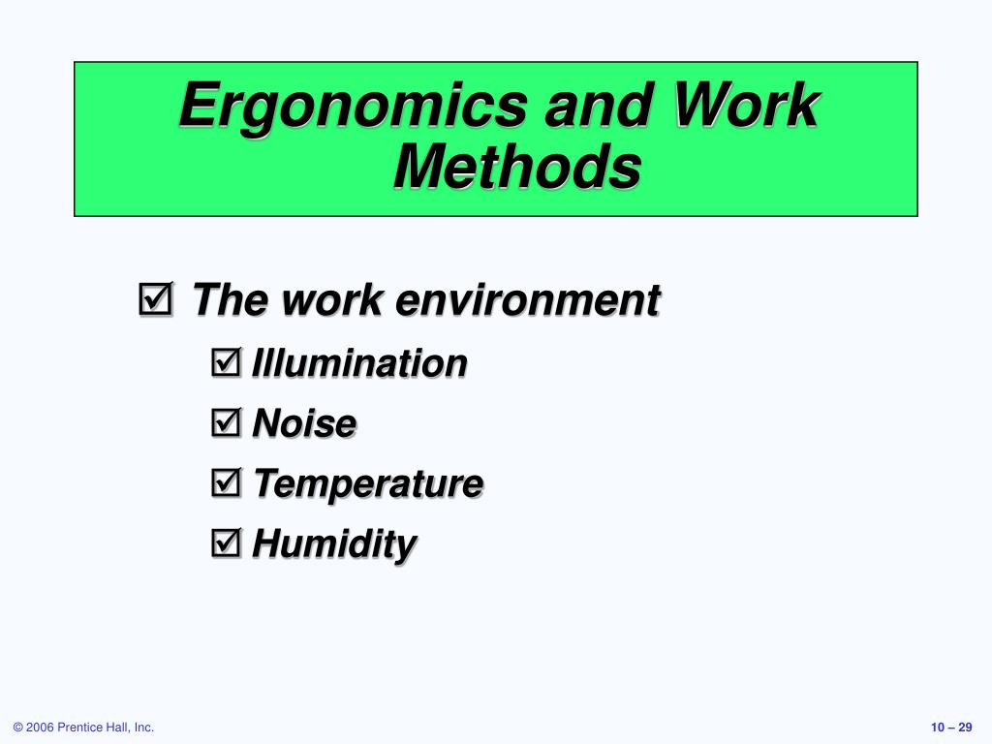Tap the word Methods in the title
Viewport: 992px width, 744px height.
517,167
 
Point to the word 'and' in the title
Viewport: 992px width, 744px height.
599,105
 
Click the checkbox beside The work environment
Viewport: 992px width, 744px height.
156,298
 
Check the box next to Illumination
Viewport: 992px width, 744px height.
227,362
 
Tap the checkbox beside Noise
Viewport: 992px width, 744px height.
227,422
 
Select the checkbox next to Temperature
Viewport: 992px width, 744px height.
227,482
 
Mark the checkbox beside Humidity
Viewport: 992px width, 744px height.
227,542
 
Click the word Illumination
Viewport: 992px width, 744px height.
359,363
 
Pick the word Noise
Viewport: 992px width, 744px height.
304,423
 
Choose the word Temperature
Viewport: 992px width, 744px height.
369,484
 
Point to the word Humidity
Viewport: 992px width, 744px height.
334,544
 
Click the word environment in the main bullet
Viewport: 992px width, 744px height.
528,299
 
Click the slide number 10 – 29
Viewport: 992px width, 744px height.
951,728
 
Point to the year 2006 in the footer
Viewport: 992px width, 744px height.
40,728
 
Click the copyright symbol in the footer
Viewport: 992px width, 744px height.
17,728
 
